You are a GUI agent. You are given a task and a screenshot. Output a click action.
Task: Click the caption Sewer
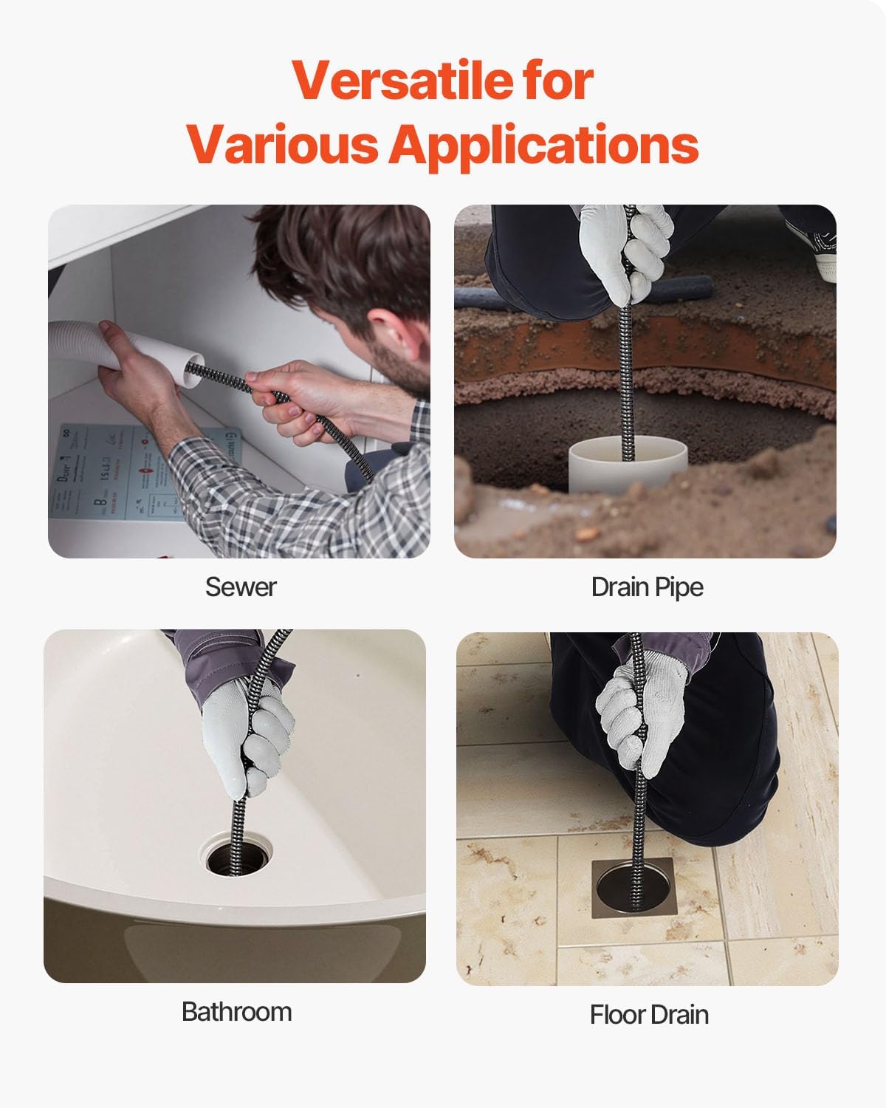pyautogui.click(x=241, y=587)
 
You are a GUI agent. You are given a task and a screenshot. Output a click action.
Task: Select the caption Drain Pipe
pyautogui.click(x=647, y=587)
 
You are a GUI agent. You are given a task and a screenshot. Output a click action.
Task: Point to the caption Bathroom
pyautogui.click(x=236, y=1011)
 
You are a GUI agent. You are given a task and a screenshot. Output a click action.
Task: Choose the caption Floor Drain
pyautogui.click(x=649, y=1015)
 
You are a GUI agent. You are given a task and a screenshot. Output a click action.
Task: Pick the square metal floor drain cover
pyautogui.click(x=632, y=886)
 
